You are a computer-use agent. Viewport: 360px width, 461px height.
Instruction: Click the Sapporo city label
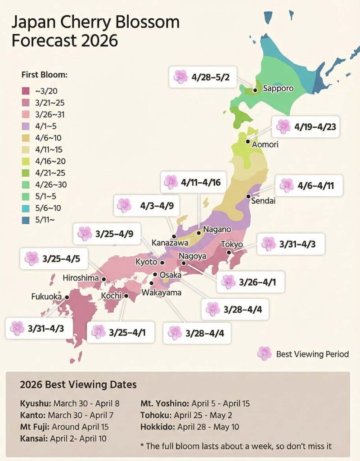click(278, 88)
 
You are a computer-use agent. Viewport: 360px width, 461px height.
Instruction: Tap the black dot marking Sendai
click(249, 197)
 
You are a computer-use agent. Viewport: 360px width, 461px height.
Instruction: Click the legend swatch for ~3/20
click(26, 91)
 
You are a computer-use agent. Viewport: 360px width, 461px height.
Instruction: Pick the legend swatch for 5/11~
click(26, 220)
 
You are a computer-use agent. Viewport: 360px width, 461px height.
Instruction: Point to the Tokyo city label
click(232, 244)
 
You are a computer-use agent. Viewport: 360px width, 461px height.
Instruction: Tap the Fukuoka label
click(46, 297)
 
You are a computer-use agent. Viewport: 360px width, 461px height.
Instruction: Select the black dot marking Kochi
click(126, 296)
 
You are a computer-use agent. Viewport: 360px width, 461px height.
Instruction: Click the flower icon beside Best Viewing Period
click(265, 354)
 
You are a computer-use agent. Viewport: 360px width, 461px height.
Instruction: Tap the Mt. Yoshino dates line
click(195, 403)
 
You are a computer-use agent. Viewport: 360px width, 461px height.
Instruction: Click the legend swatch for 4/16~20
click(26, 161)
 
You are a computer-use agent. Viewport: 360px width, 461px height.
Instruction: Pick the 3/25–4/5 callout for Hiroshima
click(56, 259)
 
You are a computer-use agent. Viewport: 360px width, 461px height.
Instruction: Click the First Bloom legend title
click(44, 75)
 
